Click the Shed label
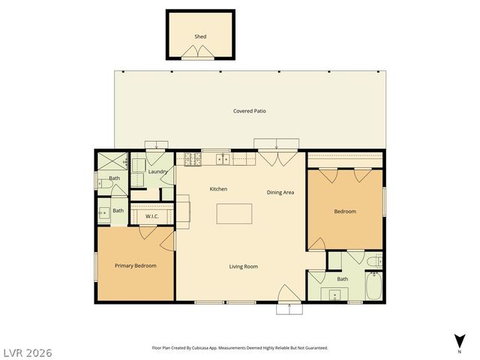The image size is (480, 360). [200, 36]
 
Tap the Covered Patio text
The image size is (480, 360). [249, 111]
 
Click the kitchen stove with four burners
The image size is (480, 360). [189, 159]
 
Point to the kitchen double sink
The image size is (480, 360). [223, 159]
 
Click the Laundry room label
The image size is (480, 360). [157, 172]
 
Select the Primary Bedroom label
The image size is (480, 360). [135, 265]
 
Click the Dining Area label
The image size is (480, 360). [280, 192]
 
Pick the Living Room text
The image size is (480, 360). [244, 266]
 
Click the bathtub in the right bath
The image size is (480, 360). [373, 287]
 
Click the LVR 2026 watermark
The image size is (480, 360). [27, 352]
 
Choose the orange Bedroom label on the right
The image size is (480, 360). [345, 211]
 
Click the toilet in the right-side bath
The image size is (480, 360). [374, 260]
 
